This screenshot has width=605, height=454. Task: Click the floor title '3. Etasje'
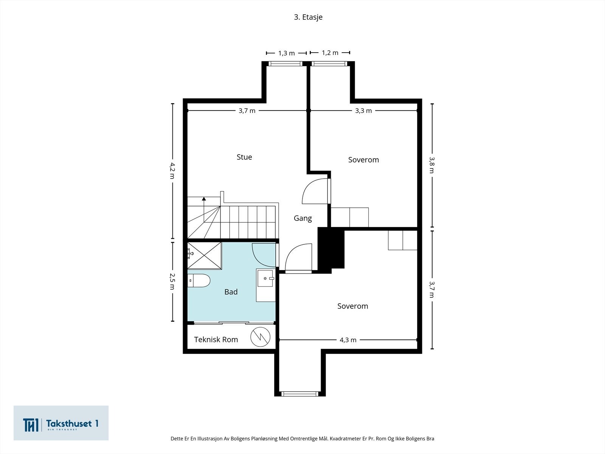pos(308,17)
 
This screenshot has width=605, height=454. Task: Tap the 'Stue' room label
pos(244,157)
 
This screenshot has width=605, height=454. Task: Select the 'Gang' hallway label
pos(302,218)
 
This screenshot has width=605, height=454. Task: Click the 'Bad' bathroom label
pos(231,292)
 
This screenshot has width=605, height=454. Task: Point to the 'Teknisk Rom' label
pos(216,339)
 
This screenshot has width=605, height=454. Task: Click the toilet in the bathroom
pos(199,281)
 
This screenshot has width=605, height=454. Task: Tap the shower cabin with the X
pos(205,255)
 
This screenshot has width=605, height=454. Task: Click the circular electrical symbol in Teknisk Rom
pos(260,337)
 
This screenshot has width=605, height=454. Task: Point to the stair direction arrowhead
pos(204,199)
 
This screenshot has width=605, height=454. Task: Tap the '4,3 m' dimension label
pos(348,340)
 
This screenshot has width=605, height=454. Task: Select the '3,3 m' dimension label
pos(363,111)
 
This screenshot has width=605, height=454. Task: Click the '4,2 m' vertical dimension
pos(172,171)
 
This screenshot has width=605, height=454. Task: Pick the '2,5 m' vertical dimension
pos(172,281)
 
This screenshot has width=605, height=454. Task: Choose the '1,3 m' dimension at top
pos(286,53)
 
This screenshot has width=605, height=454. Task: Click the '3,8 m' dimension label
pos(432,165)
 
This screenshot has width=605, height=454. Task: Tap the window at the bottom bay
pos(299,393)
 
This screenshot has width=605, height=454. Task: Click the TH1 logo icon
pos(31,425)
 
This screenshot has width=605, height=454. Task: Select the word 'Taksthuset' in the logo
pos(69,423)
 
